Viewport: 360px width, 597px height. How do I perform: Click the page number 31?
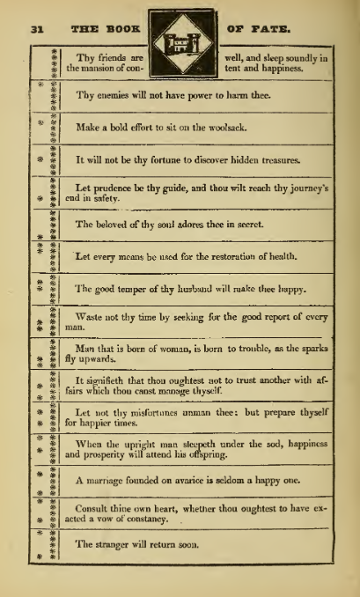point(36,28)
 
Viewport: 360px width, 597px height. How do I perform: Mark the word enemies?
point(110,96)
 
